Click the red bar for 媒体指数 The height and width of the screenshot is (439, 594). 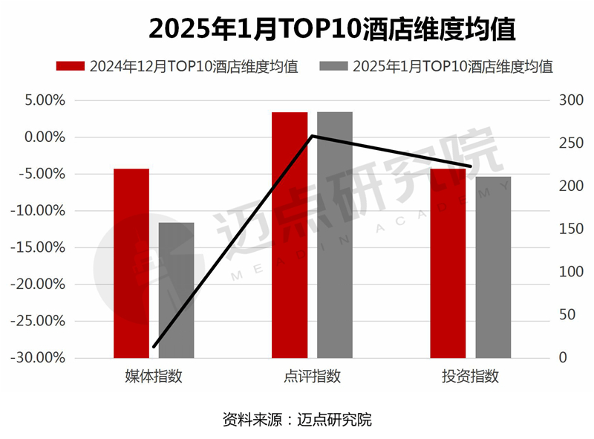[x=131, y=264]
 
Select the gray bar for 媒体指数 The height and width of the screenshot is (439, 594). [x=177, y=290]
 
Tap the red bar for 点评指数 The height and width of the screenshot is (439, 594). [x=290, y=235]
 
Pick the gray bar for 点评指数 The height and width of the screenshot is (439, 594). [x=335, y=235]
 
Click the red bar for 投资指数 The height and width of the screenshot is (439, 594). [x=448, y=264]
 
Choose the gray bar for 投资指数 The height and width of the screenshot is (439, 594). [x=494, y=267]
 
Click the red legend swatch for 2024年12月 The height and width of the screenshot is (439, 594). [x=71, y=65]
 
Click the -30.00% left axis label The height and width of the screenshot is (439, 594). [x=42, y=358]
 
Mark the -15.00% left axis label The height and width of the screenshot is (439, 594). [x=42, y=247]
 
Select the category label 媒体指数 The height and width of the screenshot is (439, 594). [x=154, y=376]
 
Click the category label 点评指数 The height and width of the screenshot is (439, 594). [x=313, y=376]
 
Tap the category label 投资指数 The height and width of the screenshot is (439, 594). [x=471, y=376]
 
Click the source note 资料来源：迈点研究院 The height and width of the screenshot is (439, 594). [x=297, y=419]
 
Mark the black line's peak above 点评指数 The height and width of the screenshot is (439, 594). [x=313, y=136]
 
